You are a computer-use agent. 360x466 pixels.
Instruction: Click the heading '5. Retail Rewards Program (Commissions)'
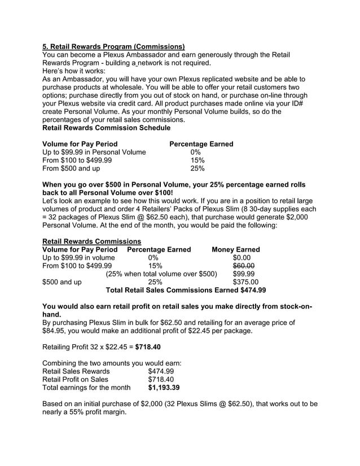[x=113, y=46]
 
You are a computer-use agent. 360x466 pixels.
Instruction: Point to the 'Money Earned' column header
[x=235, y=249]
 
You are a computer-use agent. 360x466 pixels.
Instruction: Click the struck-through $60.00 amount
[x=244, y=266]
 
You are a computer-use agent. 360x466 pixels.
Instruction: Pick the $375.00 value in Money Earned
[x=245, y=282]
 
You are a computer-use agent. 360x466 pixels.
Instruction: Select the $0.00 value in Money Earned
[x=244, y=258]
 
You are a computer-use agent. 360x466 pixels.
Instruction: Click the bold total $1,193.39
[x=164, y=388]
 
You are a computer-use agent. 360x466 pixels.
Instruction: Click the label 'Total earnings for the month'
[x=86, y=388]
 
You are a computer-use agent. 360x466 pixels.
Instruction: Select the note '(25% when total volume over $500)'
[x=161, y=274]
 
